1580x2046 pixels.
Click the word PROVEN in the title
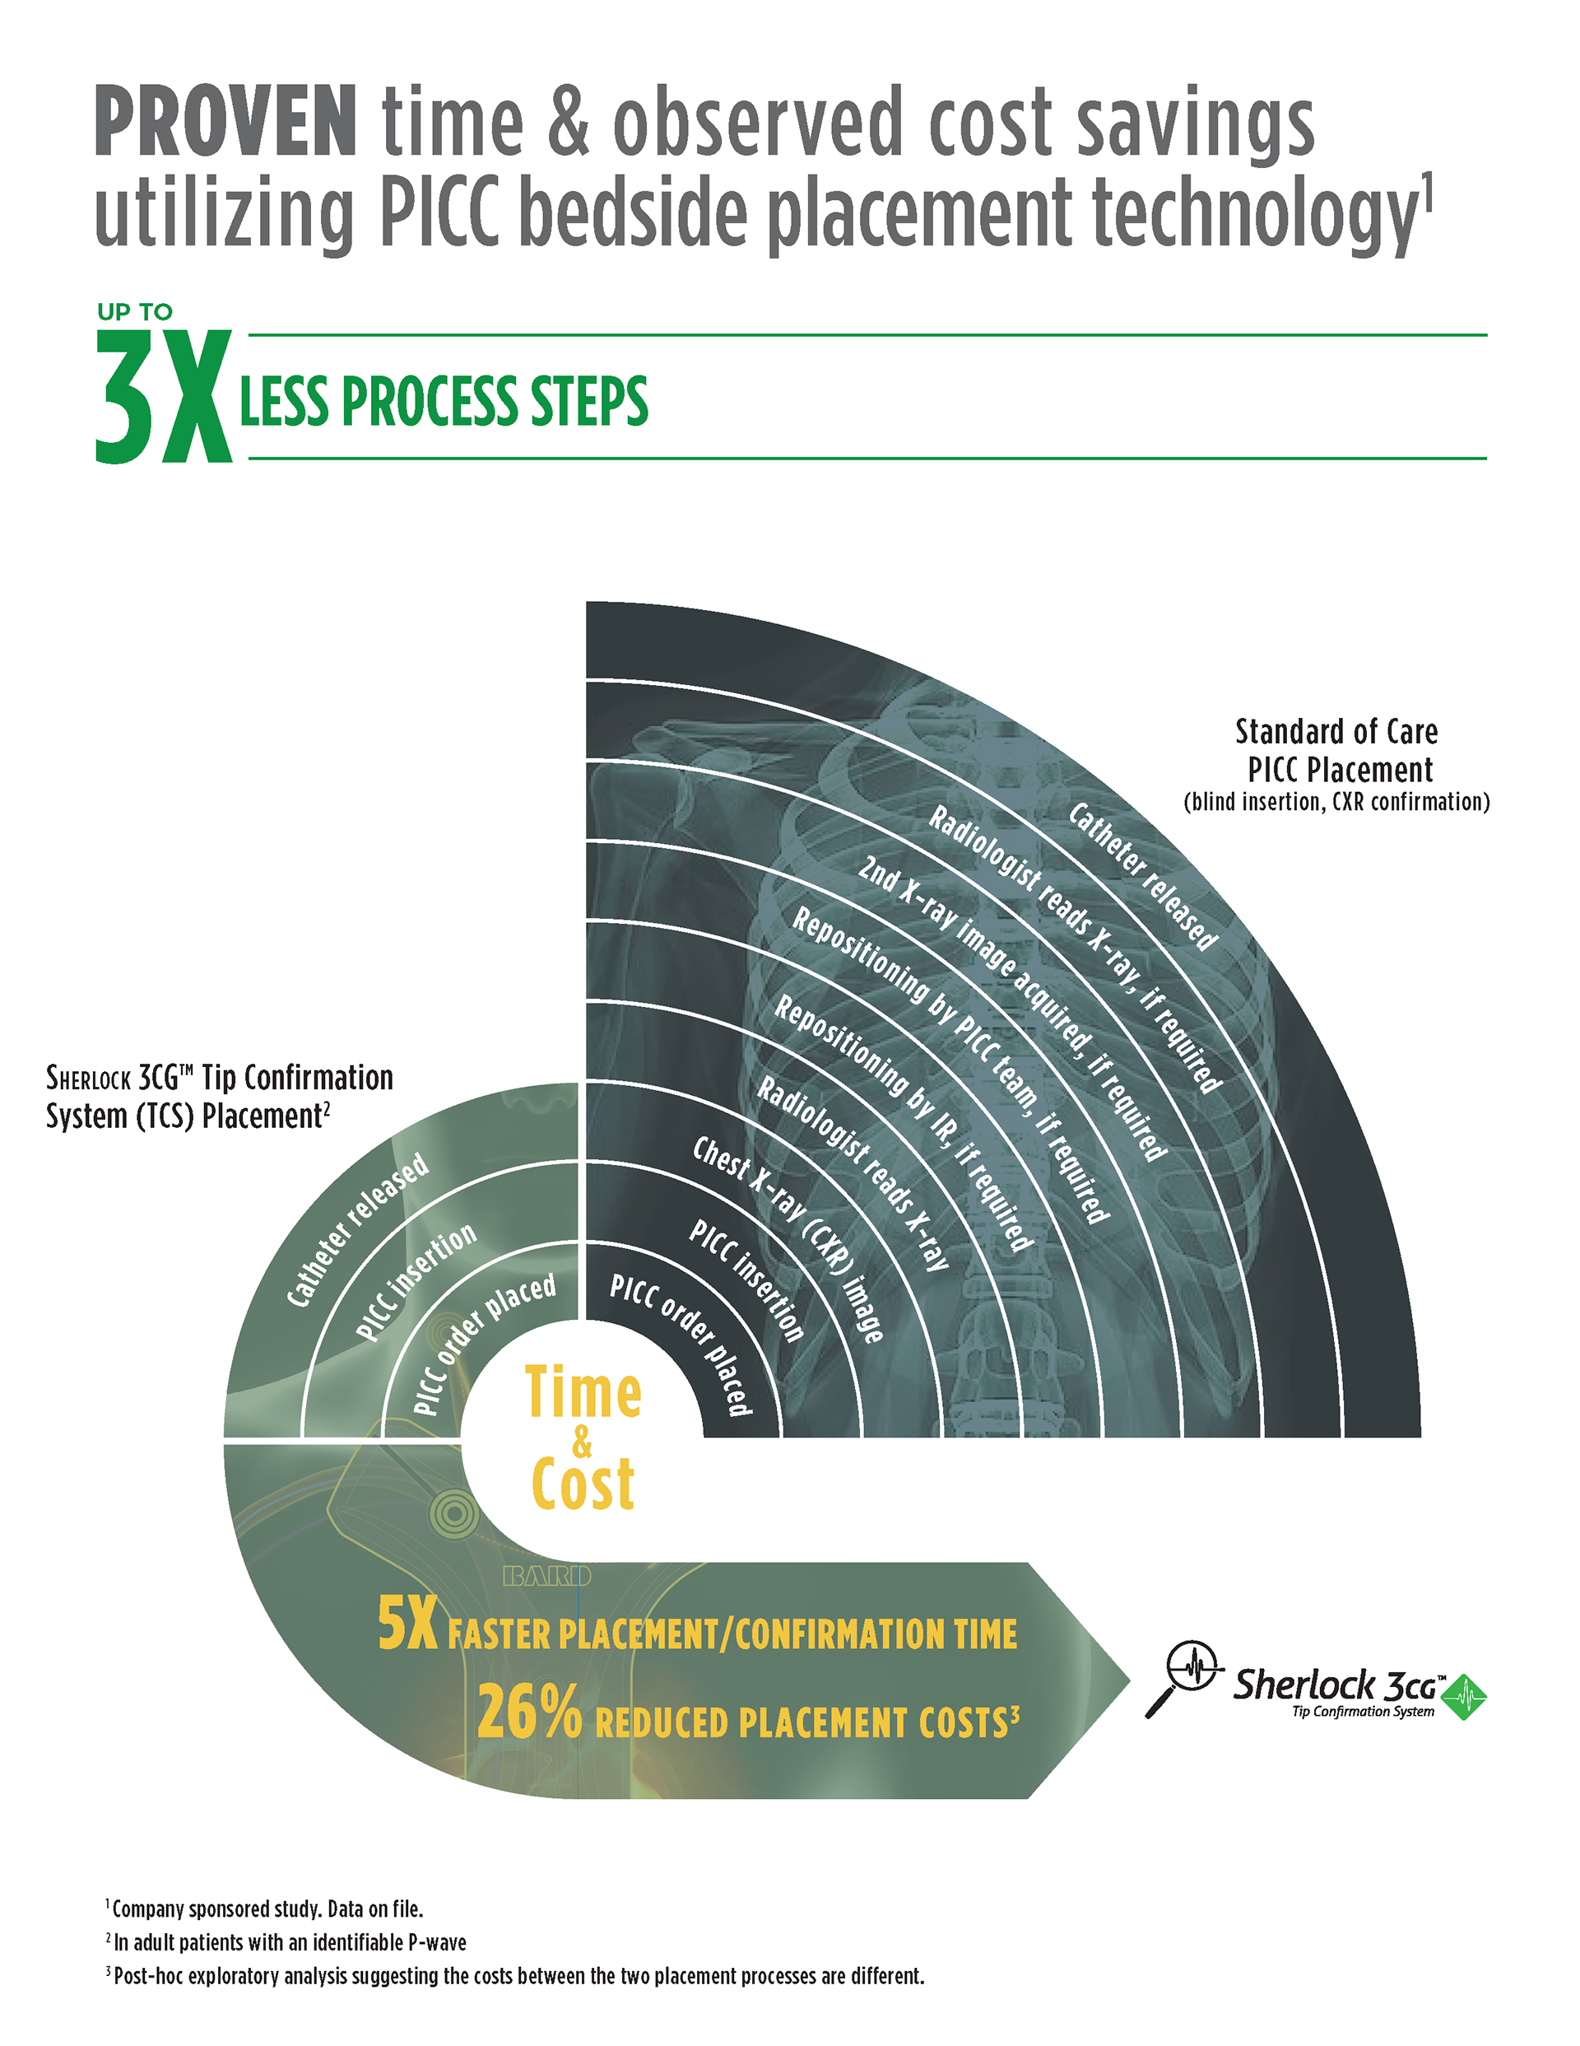point(225,122)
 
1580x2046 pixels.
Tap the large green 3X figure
point(163,397)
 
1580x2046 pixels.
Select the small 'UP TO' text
point(135,312)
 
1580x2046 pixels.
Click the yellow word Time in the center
point(583,1393)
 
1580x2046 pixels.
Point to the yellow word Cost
point(583,1484)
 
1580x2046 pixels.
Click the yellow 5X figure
point(407,1624)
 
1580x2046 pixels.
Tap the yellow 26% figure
point(529,1712)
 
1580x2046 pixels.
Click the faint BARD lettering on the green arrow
point(547,1577)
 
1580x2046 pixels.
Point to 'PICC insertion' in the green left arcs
point(416,1282)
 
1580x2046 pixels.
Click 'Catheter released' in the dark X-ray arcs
point(1143,876)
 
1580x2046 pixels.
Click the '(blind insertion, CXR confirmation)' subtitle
point(1336,802)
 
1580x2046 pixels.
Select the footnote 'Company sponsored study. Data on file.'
point(267,1909)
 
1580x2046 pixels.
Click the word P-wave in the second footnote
point(436,1942)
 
